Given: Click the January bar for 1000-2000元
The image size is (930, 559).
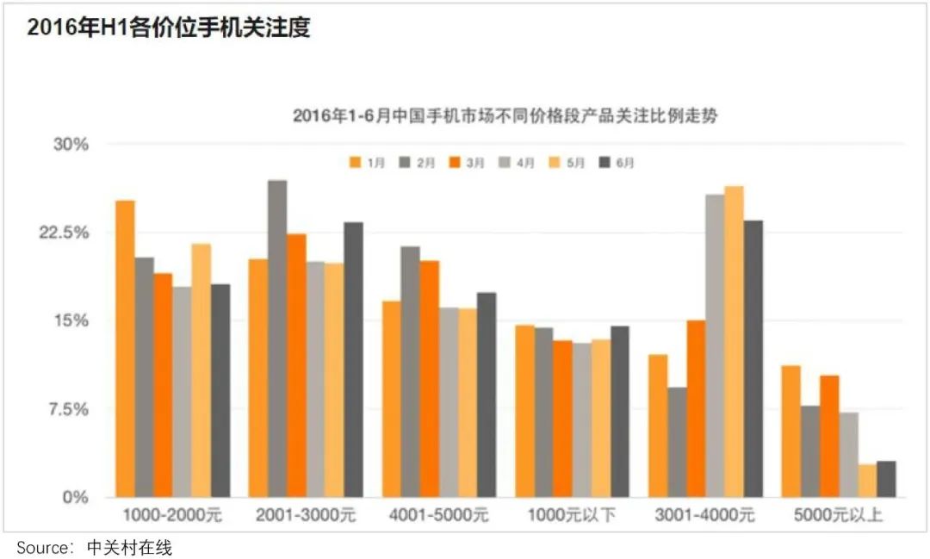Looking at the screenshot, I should (125, 349).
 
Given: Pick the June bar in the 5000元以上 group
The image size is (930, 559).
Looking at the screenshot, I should (886, 479).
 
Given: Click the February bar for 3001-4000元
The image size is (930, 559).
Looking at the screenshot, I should (677, 442).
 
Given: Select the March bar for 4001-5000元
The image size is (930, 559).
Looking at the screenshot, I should (429, 379).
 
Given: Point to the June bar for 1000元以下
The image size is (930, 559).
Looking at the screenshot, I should (619, 412).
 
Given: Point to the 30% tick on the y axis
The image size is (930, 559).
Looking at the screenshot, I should (71, 144).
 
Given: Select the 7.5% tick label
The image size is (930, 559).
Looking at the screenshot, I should (69, 409).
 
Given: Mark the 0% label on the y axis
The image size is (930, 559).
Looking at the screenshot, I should (77, 498).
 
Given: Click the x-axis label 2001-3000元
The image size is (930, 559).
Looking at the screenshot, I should (306, 516).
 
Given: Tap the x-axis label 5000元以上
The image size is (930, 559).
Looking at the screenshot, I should (839, 516).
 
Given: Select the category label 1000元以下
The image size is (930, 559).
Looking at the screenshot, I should (572, 516).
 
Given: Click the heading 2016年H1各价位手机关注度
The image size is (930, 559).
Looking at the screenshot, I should (168, 28).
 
